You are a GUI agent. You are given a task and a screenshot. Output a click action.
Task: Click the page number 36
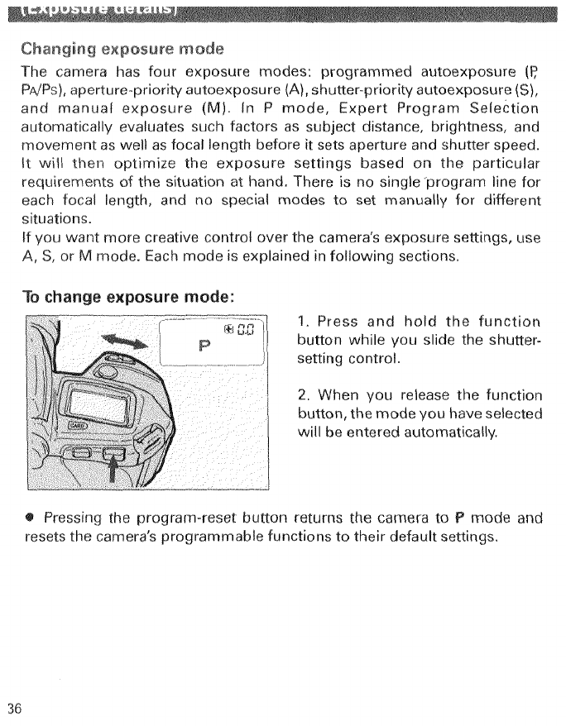(x=13, y=709)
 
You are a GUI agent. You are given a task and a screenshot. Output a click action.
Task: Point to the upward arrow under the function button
(x=113, y=466)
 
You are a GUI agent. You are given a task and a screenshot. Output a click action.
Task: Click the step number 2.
(x=300, y=395)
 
